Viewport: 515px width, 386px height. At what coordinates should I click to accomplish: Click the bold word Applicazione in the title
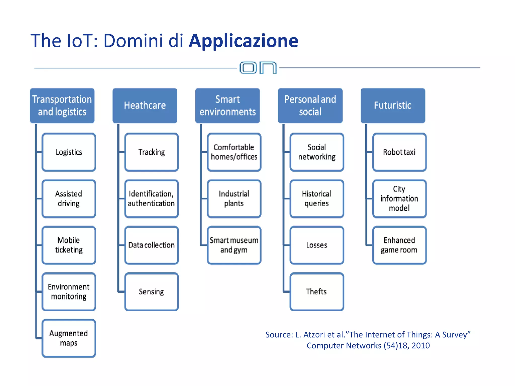click(243, 41)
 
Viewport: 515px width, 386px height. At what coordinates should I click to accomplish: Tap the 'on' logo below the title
click(258, 68)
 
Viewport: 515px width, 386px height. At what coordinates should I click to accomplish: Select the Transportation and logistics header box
click(62, 105)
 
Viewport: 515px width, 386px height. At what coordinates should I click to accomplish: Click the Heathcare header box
click(145, 105)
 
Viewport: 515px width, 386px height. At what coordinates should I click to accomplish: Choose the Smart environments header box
click(228, 105)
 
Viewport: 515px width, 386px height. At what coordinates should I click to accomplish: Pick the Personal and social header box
click(310, 105)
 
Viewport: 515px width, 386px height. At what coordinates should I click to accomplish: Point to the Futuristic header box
click(393, 105)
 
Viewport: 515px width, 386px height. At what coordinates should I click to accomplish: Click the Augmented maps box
click(69, 338)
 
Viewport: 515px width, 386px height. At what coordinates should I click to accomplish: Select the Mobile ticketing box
click(69, 245)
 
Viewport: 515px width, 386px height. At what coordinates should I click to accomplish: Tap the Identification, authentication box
click(151, 198)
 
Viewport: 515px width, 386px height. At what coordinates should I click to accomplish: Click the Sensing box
click(151, 291)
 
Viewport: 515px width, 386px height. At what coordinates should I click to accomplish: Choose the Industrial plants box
click(234, 198)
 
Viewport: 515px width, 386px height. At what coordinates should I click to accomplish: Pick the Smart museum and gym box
click(234, 245)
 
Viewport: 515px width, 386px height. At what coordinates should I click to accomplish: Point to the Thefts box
click(317, 291)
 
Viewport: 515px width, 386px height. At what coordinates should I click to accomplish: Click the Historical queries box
click(317, 198)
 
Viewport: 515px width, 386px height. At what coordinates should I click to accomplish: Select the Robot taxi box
click(399, 152)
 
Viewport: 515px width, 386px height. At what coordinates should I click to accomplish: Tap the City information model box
click(399, 198)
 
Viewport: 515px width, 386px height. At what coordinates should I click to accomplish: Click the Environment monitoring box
click(69, 291)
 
